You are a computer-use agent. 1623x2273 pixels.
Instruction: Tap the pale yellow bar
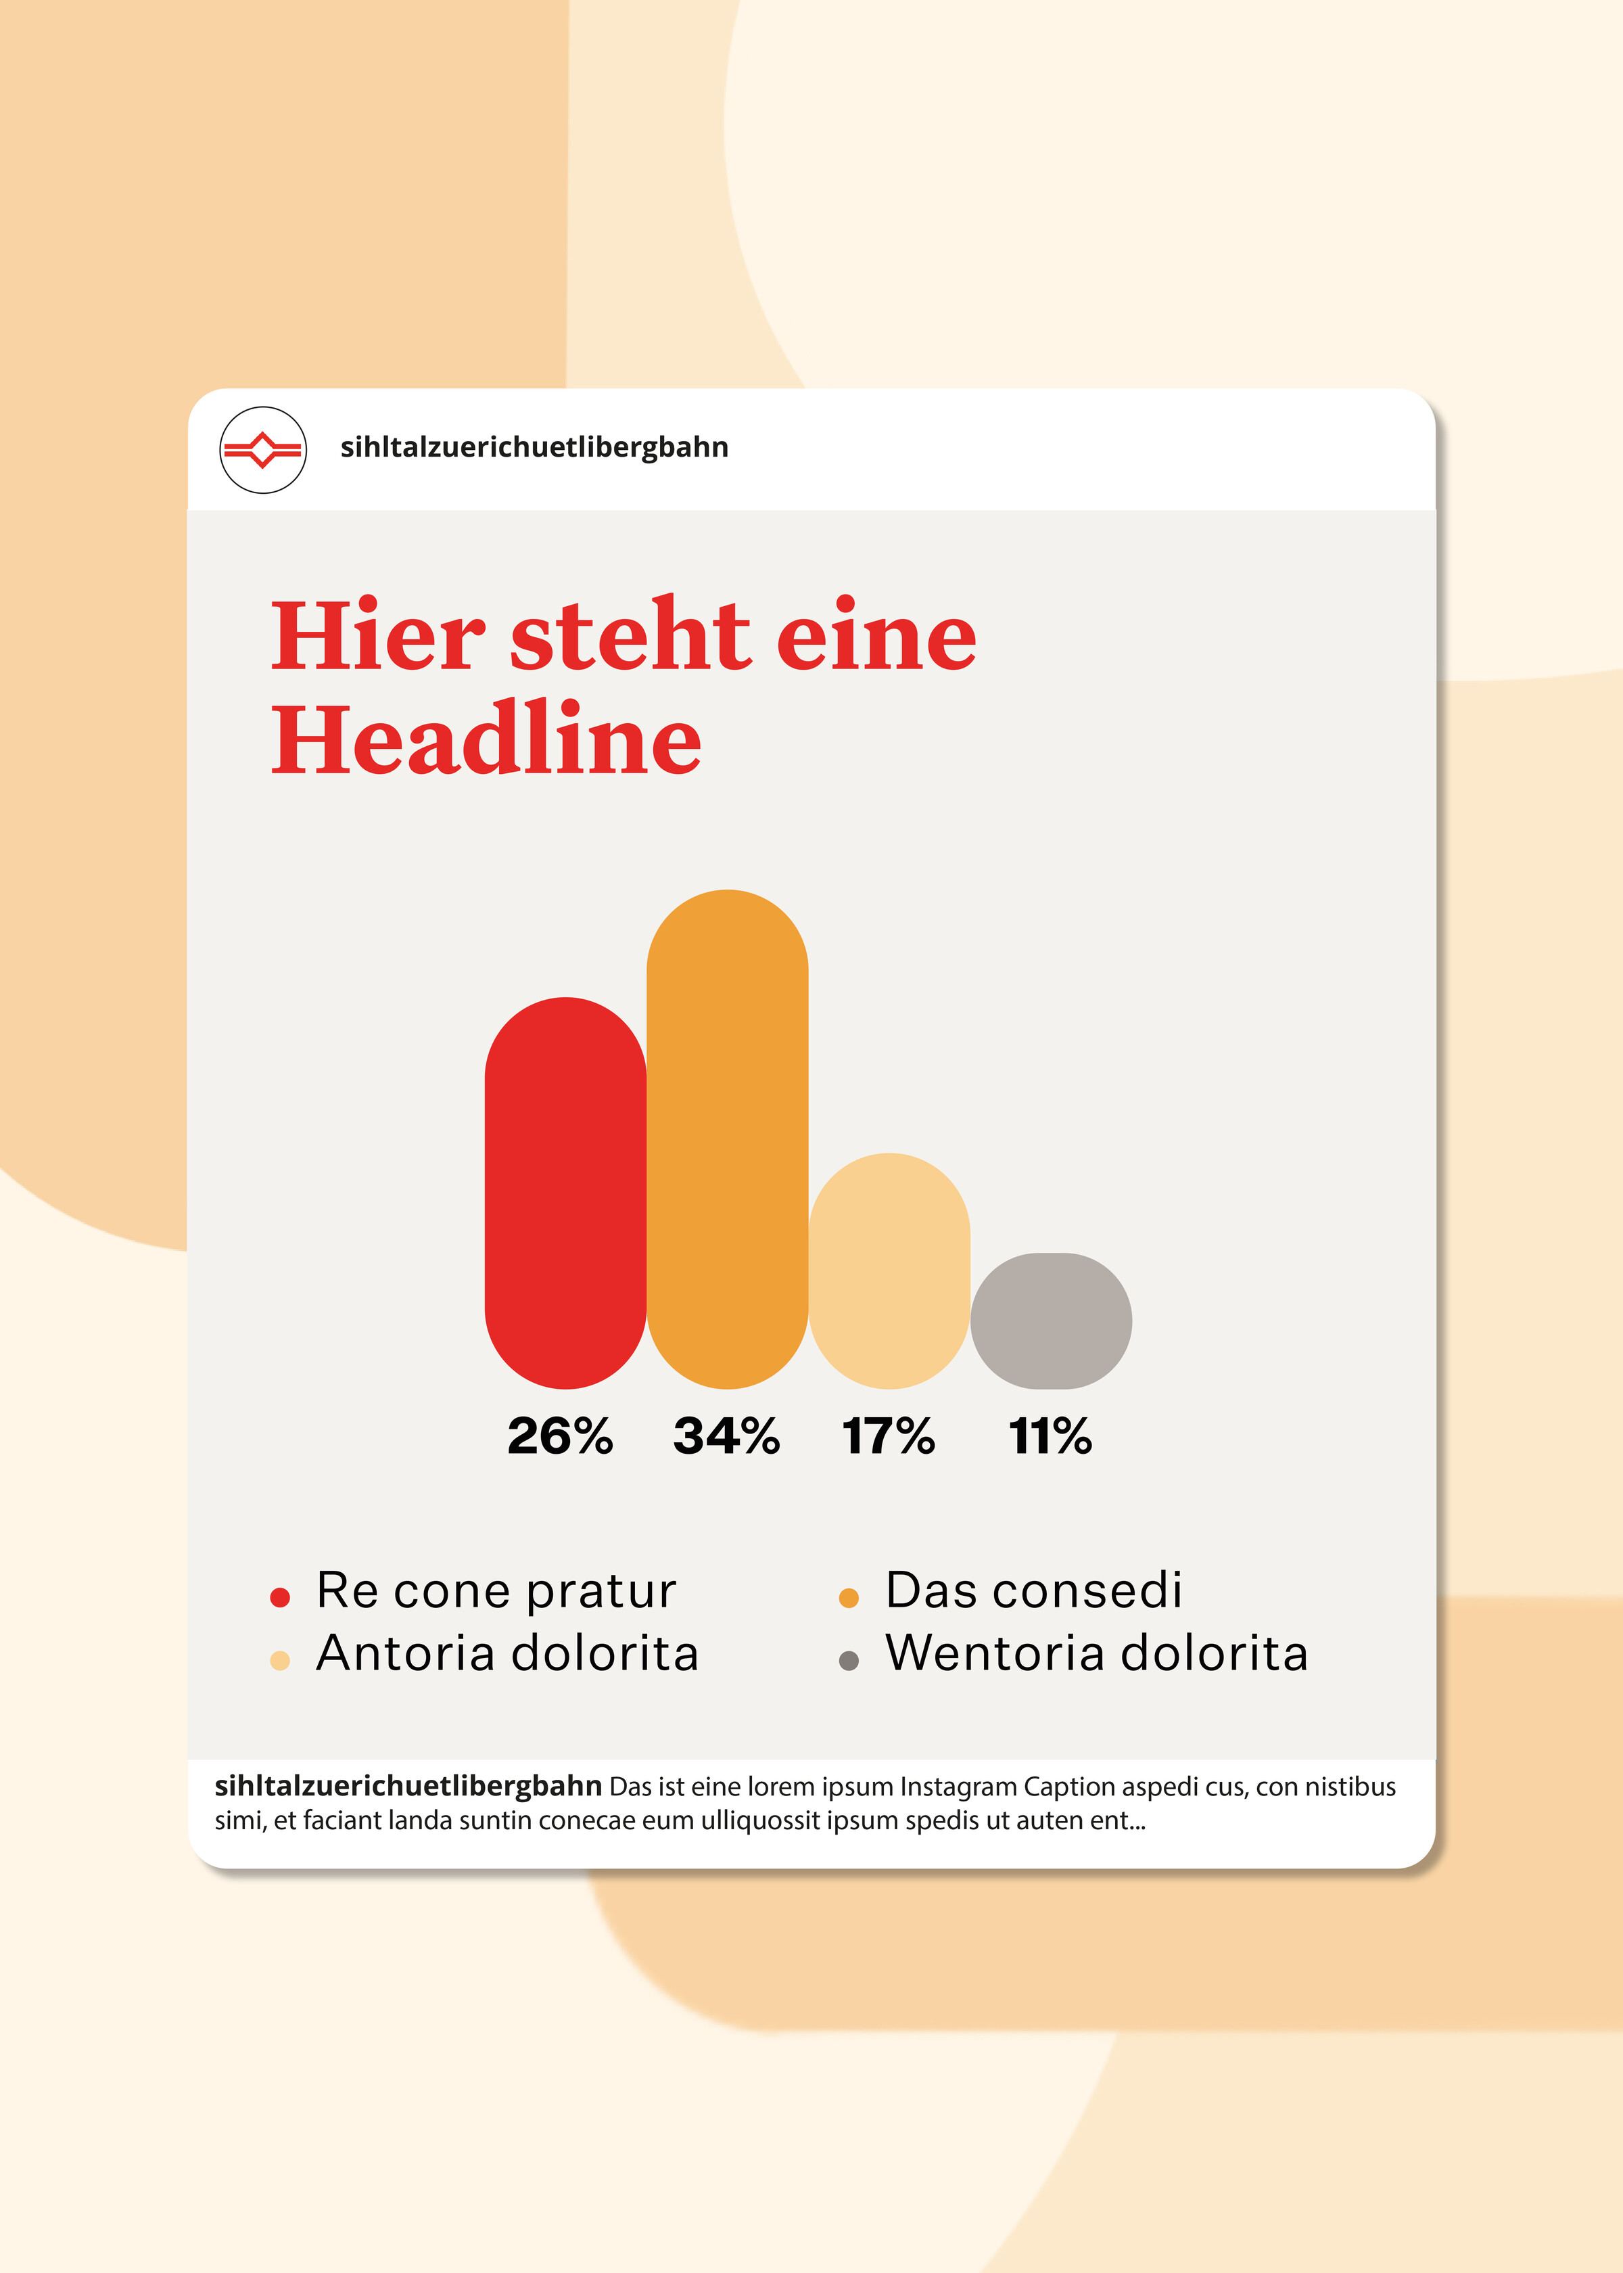coord(889,1270)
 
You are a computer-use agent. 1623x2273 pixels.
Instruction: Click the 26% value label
coord(560,1436)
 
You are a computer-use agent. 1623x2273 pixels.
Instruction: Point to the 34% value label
coord(726,1436)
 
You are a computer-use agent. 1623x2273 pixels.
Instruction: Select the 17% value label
coord(889,1436)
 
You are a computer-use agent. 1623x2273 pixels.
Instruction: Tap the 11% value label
coord(1050,1436)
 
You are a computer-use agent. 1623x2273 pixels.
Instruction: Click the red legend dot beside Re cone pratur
coord(280,1597)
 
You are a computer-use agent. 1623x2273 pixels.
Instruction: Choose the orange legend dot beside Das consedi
coord(849,1597)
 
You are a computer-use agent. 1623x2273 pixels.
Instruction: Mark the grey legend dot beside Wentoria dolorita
coord(849,1661)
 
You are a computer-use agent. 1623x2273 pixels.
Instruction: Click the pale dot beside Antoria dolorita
coord(280,1661)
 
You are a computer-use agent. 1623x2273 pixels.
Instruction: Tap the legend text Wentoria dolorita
coord(1096,1653)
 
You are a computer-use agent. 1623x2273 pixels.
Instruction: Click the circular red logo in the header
coord(263,450)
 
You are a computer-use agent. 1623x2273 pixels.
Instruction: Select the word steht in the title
coord(630,636)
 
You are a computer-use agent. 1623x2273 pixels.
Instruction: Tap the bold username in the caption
coord(408,1785)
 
